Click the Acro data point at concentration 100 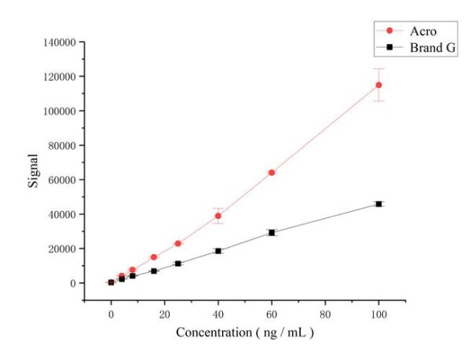click(378, 85)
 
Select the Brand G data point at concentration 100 click(378, 204)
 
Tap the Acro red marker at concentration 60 click(272, 173)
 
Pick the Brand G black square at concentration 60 click(272, 232)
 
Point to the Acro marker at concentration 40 click(218, 216)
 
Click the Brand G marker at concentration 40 click(218, 251)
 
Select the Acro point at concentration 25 click(178, 243)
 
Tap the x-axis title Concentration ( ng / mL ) click(244, 332)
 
